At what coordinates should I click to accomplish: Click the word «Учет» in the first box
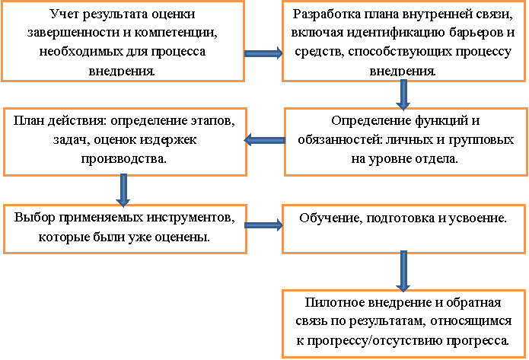(64, 14)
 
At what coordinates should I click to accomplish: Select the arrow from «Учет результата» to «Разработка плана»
(263, 53)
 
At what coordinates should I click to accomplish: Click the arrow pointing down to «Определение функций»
(403, 95)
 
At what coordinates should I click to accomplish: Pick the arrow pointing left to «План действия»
(265, 140)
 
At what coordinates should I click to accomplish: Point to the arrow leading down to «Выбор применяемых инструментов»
(123, 190)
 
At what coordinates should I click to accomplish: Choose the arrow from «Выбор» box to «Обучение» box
(263, 225)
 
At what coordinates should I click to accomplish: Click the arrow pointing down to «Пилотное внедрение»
(403, 271)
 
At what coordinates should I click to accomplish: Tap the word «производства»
(123, 159)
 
